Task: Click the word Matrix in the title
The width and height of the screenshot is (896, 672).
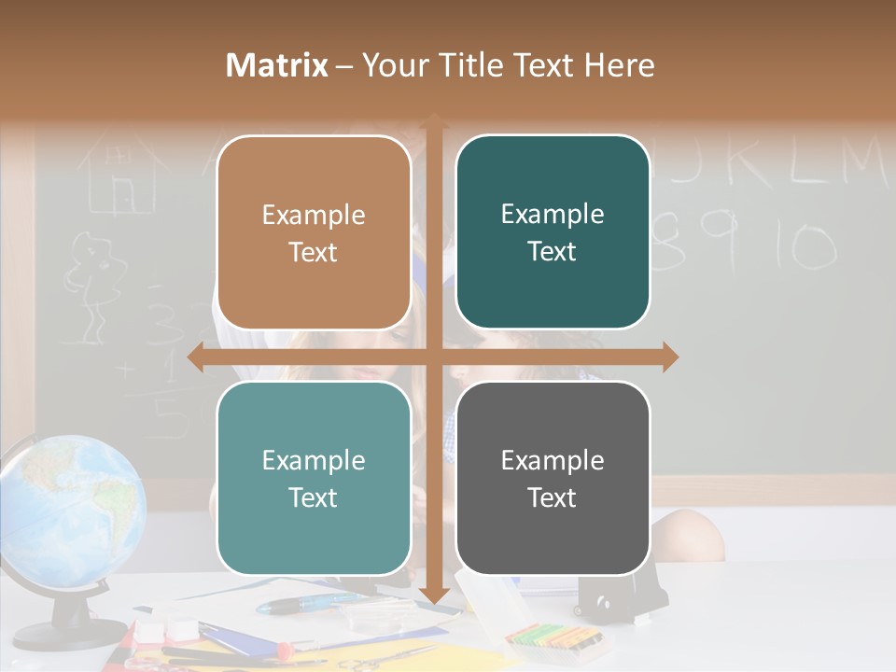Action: point(277,65)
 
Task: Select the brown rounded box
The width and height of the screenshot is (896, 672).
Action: point(314,232)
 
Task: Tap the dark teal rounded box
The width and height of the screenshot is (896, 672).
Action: point(553,232)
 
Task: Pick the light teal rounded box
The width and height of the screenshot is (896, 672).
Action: point(314,478)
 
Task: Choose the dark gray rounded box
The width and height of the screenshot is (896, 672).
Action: point(553,478)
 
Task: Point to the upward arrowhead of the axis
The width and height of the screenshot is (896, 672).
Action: point(433,122)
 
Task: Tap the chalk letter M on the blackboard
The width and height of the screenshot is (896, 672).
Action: point(859,162)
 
